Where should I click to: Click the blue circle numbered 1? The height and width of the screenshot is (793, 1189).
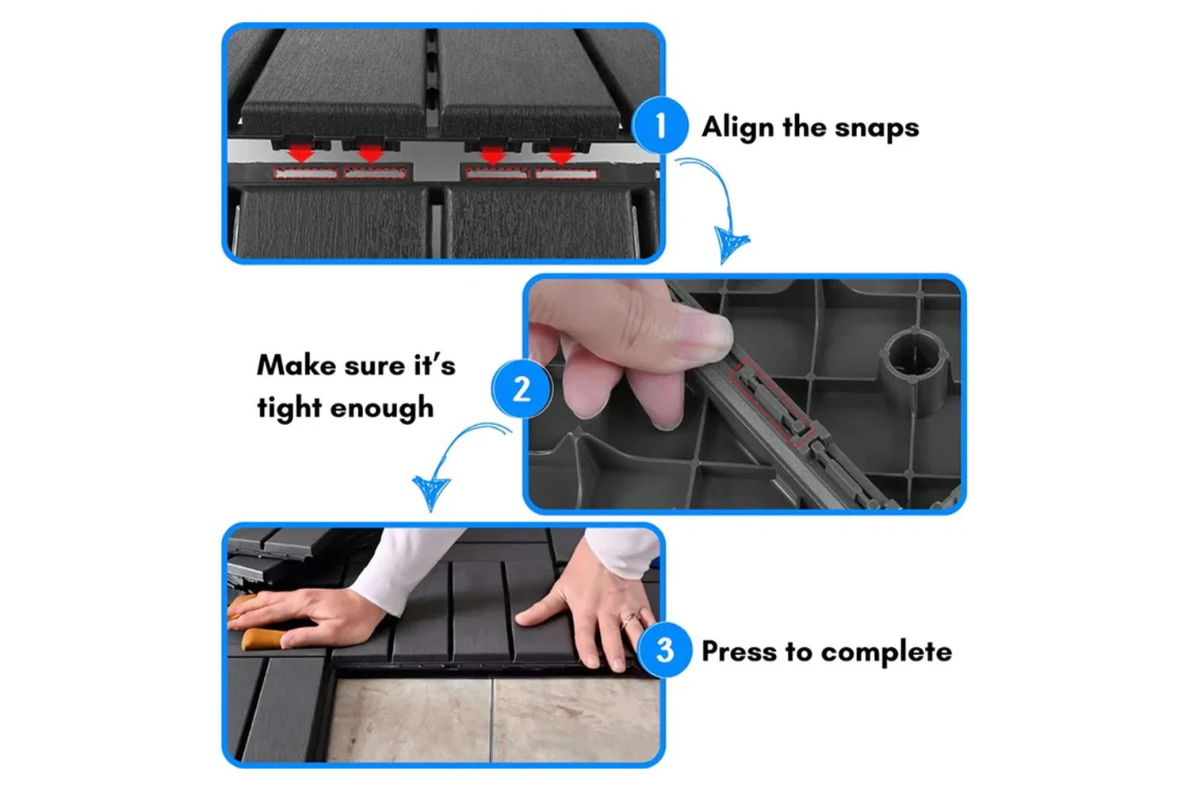click(x=660, y=125)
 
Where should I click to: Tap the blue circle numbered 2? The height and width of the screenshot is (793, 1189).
click(x=522, y=389)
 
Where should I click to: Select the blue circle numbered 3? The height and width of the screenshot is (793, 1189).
click(x=664, y=649)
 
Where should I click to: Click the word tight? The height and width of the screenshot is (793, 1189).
click(x=289, y=408)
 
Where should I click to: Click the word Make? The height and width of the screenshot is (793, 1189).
click(x=296, y=366)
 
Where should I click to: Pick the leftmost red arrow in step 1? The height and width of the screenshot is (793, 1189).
click(x=301, y=154)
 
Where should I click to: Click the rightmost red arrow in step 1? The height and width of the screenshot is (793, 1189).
click(x=560, y=155)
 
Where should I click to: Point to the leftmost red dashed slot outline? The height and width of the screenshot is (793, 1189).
click(x=304, y=174)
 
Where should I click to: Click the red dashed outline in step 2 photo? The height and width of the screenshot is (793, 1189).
click(x=770, y=401)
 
